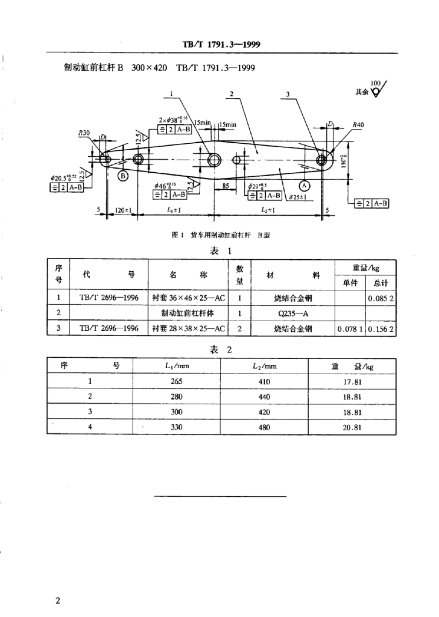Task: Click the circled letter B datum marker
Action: click(x=123, y=176)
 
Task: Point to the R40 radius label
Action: click(x=358, y=125)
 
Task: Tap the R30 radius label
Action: click(x=84, y=133)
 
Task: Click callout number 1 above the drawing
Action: click(x=172, y=94)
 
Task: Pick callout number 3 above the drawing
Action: click(x=288, y=94)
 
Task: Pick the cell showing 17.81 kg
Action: click(x=352, y=381)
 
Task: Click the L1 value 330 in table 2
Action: click(x=176, y=427)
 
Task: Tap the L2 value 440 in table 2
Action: click(x=264, y=396)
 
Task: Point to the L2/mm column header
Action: click(x=264, y=366)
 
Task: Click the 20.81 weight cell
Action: click(x=352, y=427)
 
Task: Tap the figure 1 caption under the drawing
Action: click(x=220, y=236)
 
